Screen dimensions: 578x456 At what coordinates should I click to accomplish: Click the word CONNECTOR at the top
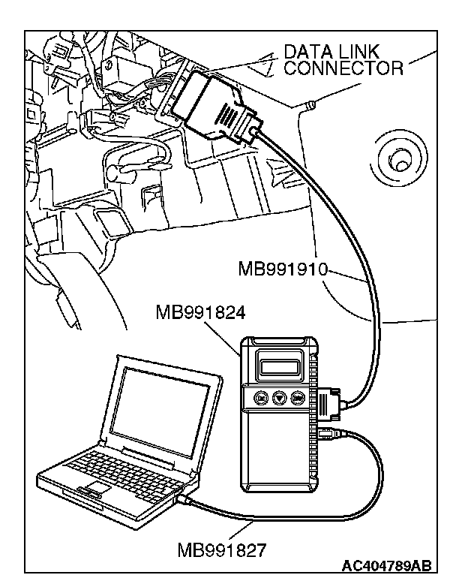point(343,69)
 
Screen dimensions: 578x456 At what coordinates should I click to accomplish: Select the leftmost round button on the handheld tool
point(261,398)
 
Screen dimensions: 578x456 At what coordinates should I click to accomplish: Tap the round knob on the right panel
point(399,160)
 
